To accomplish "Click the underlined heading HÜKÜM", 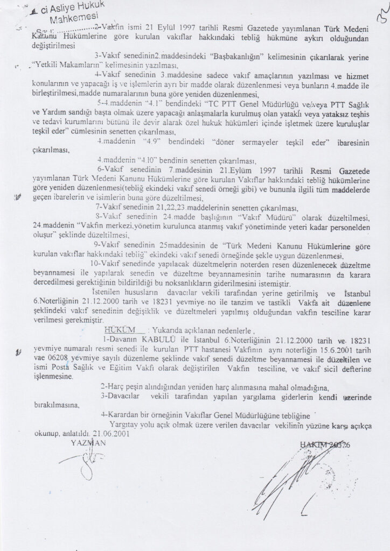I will [x=118, y=329].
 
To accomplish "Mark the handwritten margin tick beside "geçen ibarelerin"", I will [x=19, y=197].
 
